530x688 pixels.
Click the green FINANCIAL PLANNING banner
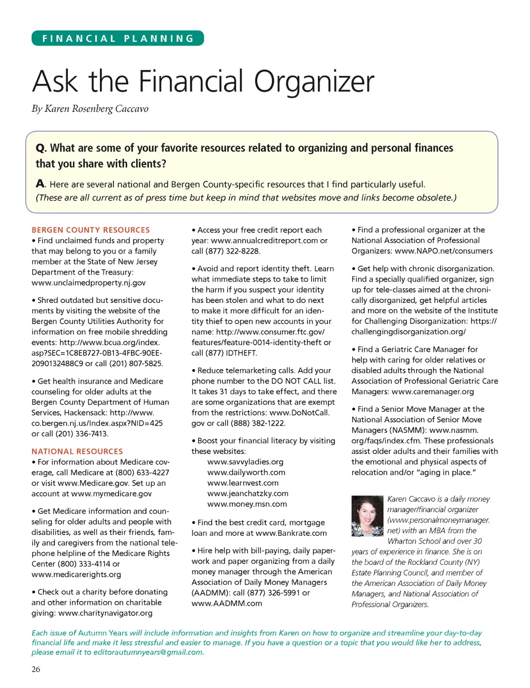(118, 38)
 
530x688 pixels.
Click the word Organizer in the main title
(314, 81)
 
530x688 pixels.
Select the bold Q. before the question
(41, 148)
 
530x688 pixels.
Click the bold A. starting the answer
(41, 184)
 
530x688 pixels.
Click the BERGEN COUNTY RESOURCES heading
(91, 230)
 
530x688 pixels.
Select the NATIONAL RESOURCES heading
(77, 451)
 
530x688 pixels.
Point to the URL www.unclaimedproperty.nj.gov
(89, 283)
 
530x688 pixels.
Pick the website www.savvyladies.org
(245, 462)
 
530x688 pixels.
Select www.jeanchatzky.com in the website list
(248, 493)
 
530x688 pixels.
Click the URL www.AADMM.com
(227, 603)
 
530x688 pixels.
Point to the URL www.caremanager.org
(433, 391)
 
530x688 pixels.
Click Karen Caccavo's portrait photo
(367, 516)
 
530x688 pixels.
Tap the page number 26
(36, 669)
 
